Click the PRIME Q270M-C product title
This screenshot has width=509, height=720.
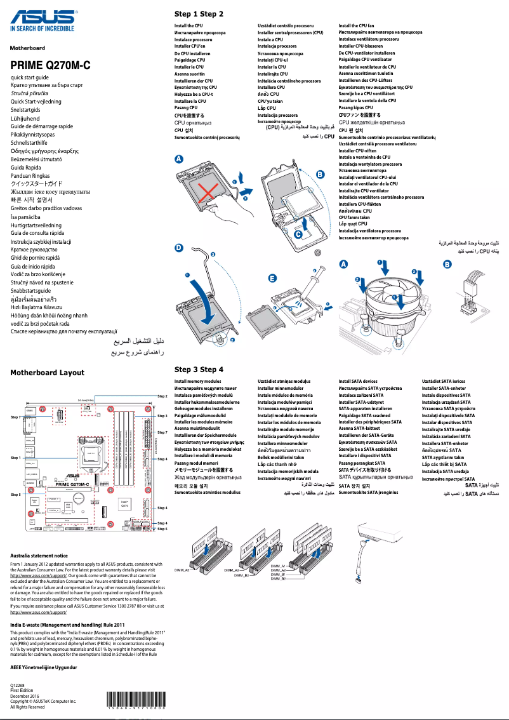tap(51, 65)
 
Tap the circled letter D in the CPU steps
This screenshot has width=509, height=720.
tap(179, 250)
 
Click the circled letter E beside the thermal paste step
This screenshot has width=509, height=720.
tap(272, 278)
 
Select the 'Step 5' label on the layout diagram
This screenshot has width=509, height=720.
tap(16, 494)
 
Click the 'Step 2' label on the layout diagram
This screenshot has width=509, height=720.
tap(162, 396)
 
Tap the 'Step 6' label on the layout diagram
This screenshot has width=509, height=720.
tap(162, 529)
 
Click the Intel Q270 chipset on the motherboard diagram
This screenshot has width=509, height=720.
tap(125, 505)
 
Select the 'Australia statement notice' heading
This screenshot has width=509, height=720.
tap(39, 556)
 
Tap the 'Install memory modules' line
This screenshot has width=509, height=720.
tap(198, 382)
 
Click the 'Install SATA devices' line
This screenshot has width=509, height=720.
tap(358, 382)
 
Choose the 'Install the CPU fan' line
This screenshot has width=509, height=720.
tap(356, 25)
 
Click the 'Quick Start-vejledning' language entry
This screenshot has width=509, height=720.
tap(36, 102)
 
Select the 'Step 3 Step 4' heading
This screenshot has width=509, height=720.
tap(199, 369)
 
